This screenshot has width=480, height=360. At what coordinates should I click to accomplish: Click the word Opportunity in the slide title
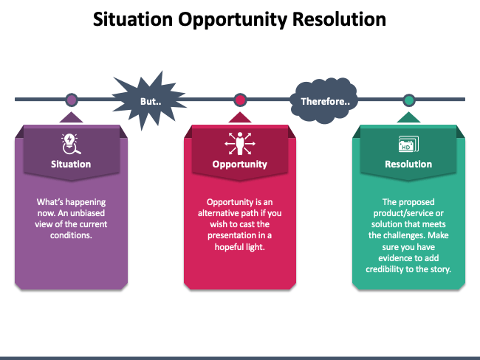tap(233, 20)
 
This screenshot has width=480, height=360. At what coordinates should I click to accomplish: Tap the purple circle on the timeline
tap(72, 100)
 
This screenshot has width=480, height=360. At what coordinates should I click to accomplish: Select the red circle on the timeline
tap(240, 100)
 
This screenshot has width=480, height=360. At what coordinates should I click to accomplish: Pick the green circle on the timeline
tap(408, 100)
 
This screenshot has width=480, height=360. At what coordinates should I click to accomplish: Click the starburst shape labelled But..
tap(150, 101)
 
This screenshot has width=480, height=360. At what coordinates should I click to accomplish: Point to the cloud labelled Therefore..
tap(325, 101)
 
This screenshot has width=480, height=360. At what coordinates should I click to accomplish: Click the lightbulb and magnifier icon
tap(71, 144)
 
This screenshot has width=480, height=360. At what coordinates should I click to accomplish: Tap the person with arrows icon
tap(240, 143)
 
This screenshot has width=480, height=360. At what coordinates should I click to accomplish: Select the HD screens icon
tap(408, 144)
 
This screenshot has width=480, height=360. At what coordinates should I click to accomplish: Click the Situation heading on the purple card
tap(71, 165)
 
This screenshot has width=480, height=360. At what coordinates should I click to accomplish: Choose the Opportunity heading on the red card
tap(240, 165)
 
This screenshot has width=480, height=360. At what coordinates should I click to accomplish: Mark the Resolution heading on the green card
tap(408, 165)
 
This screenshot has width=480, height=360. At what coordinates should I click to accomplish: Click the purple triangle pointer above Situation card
tap(71, 117)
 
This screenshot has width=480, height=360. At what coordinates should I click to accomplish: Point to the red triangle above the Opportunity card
tap(240, 117)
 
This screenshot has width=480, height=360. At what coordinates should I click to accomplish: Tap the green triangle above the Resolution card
tap(408, 117)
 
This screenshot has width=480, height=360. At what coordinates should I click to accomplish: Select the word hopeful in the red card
tap(227, 247)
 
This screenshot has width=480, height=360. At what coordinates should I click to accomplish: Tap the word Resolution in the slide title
tap(339, 20)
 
